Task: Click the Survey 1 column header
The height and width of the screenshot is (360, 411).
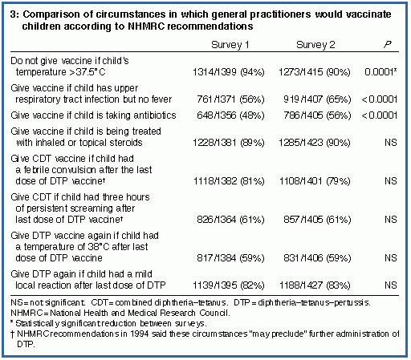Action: (x=230, y=45)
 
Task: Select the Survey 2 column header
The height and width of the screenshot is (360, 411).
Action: (x=315, y=45)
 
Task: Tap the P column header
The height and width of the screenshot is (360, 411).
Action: (x=388, y=44)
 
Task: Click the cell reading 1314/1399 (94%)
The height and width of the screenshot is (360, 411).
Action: (x=229, y=72)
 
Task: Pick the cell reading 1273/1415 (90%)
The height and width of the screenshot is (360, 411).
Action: (x=315, y=72)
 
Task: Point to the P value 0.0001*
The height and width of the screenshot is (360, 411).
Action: (x=380, y=72)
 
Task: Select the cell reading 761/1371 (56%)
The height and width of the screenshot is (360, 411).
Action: (x=230, y=99)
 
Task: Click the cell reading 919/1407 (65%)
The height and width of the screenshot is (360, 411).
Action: (x=317, y=99)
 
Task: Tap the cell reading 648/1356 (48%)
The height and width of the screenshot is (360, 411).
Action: (x=230, y=115)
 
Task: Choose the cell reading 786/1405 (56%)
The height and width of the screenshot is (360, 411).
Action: (x=317, y=115)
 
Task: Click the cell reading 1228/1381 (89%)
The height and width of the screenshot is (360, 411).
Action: (x=229, y=143)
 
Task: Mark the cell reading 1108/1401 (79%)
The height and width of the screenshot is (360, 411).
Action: (x=315, y=181)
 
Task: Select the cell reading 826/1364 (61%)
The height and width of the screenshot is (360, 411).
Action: (x=230, y=220)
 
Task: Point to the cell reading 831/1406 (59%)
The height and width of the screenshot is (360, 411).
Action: (x=317, y=258)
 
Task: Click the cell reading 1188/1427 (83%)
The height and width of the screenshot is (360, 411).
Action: (x=315, y=285)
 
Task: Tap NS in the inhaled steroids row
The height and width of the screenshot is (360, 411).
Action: (x=391, y=143)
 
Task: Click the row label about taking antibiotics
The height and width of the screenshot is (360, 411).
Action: (x=93, y=115)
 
